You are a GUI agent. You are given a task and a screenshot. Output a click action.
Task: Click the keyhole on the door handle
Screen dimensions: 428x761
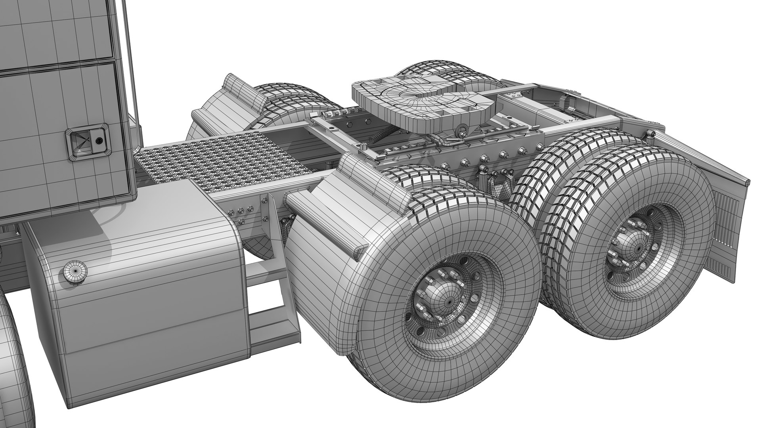pyautogui.click(x=98, y=140)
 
